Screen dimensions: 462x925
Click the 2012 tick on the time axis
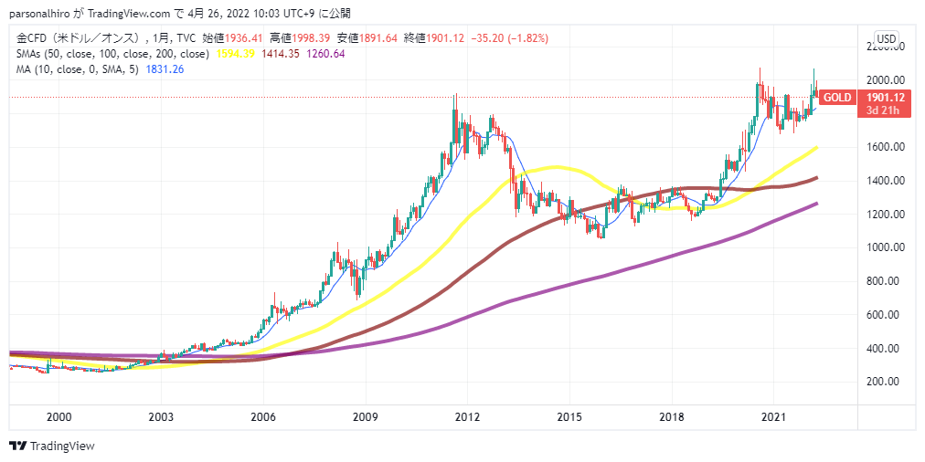pos(467,416)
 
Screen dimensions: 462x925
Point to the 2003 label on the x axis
pos(161,416)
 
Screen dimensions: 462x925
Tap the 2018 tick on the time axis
pos(671,416)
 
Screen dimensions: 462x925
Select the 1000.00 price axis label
pos(886,247)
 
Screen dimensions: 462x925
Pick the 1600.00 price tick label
pos(886,147)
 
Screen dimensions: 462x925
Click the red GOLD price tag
pos(837,98)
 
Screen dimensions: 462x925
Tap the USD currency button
pos(886,38)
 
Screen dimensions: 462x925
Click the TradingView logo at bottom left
pos(52,446)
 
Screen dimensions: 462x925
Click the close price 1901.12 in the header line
pos(443,38)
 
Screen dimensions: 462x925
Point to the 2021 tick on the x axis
pos(773,416)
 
